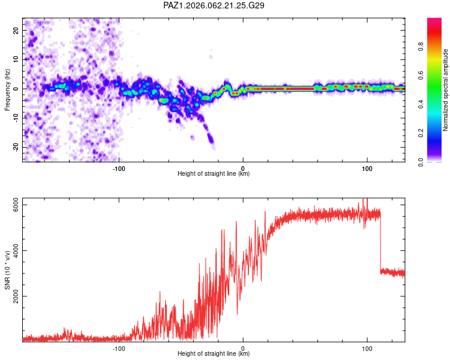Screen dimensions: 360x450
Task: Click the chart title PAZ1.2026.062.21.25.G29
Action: click(x=214, y=5)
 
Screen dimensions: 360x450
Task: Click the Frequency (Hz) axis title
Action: click(x=7, y=89)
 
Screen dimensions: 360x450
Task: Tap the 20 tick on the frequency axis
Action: click(x=16, y=30)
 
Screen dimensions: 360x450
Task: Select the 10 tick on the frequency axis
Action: click(x=16, y=59)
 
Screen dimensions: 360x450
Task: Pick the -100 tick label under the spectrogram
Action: click(x=119, y=169)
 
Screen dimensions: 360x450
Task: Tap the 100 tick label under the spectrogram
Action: click(x=367, y=169)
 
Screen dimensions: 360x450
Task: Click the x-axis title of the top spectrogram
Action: click(x=214, y=175)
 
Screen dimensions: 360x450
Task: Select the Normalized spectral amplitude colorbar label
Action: click(x=446, y=90)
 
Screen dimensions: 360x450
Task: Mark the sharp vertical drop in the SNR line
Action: click(x=380, y=243)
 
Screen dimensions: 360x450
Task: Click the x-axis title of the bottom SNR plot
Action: click(x=214, y=354)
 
